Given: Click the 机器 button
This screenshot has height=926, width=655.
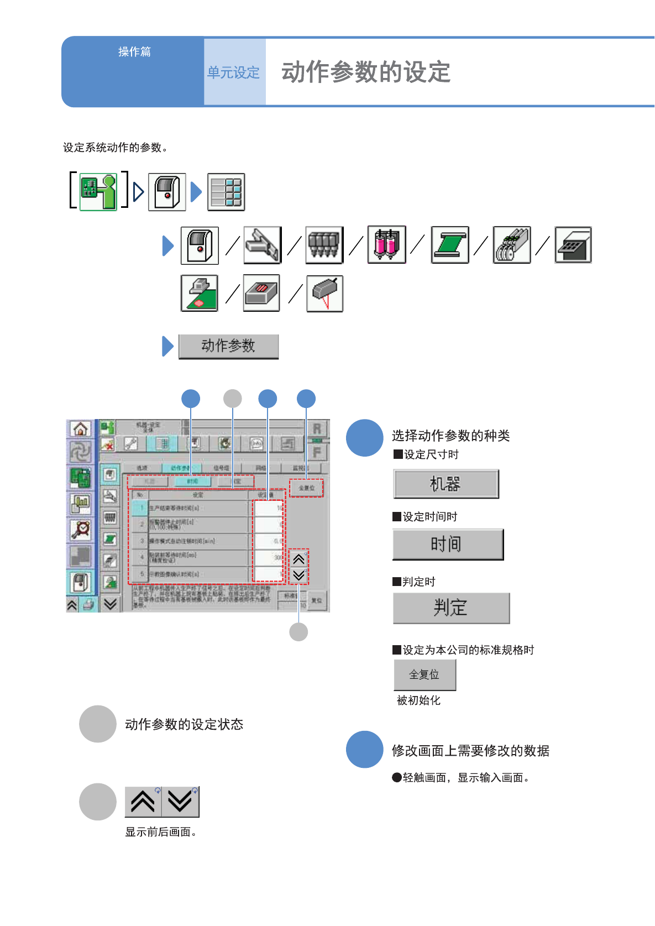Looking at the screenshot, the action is click(446, 484).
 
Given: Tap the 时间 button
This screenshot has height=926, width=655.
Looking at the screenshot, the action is click(448, 545).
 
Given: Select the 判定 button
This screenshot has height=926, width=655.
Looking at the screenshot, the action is click(451, 608).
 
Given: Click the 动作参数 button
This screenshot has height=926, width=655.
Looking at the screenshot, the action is click(228, 347).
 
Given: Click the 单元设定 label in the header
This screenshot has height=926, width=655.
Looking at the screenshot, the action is click(233, 72).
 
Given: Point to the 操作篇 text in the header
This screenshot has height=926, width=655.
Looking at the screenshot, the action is click(134, 52).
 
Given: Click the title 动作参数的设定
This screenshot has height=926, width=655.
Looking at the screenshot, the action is click(366, 72).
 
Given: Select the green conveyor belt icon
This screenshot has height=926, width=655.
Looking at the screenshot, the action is click(450, 245).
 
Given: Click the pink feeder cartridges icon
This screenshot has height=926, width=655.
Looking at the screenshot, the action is click(387, 245).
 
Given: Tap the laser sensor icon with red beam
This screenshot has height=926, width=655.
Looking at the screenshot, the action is click(325, 294).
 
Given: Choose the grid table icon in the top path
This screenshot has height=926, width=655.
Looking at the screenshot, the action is click(226, 192).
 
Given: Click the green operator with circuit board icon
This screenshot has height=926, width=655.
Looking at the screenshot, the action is click(98, 192).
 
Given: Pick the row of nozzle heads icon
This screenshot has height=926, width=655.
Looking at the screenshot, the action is click(324, 245).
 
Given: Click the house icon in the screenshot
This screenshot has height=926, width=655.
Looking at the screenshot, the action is click(81, 429).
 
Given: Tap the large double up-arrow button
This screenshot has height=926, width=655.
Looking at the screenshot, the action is click(143, 802).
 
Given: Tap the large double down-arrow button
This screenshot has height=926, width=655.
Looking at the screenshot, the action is click(180, 802).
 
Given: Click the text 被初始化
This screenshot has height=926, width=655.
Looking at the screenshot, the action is click(418, 700).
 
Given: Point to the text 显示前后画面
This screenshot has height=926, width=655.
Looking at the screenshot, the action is click(160, 832).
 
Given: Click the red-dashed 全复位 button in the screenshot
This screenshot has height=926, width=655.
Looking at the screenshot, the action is click(306, 488).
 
